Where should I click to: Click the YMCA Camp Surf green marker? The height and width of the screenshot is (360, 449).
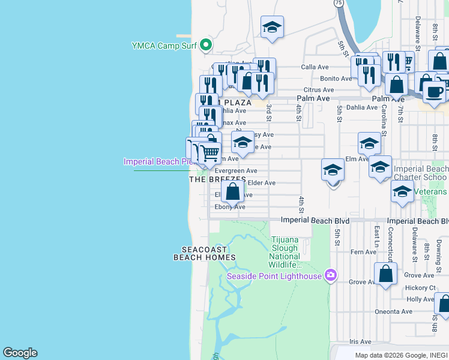coord(206,45)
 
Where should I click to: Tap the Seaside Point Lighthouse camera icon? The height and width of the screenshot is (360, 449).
coord(330,275)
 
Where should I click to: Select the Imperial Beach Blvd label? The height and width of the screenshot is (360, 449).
coord(313,221)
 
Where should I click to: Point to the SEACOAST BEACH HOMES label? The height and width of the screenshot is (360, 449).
coord(204,253)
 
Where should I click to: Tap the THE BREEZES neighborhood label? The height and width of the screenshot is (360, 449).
coord(217,179)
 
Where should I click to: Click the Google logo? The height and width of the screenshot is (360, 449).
coord(20,353)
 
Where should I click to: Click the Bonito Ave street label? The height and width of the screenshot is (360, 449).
coord(336,79)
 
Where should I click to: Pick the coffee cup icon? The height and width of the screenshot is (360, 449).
coord(435,92)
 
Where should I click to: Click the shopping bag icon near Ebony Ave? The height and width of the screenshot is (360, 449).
coord(233,192)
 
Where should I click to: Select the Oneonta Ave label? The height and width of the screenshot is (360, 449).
coord(393,311)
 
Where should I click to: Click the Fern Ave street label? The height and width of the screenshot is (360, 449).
coord(364,252)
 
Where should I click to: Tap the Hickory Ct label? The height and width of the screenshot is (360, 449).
coord(420,287)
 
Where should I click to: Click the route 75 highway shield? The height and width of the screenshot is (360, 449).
coord(339,3)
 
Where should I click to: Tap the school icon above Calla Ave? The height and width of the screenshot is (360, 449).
coord(272,27)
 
